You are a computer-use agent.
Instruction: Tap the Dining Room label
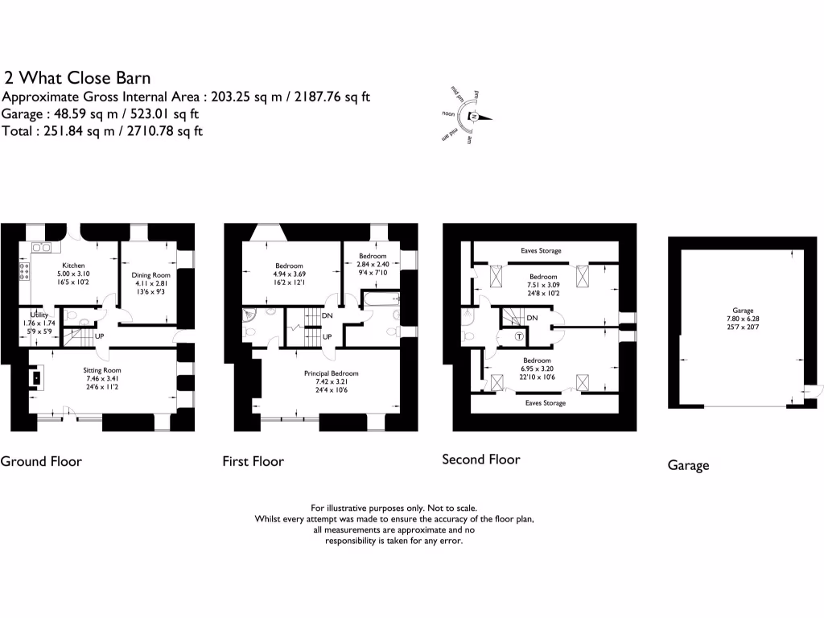151,275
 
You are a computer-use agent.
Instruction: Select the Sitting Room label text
102,371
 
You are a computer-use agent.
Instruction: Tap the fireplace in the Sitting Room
36,377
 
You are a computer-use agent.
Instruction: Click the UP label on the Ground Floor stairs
101,336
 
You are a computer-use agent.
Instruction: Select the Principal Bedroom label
331,373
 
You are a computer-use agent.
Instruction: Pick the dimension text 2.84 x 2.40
373,264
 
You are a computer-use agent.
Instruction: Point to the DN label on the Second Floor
532,319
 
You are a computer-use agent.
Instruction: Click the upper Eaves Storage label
541,251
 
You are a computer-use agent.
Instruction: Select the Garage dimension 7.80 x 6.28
742,319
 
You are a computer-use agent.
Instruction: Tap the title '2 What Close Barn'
77,78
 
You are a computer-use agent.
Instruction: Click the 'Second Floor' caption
480,459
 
